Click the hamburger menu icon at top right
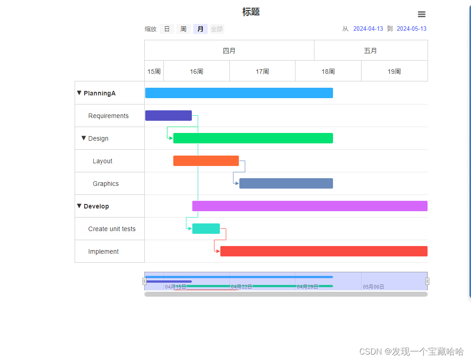(421, 14)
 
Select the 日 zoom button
(167, 29)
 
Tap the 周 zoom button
(183, 29)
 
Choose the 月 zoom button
(200, 29)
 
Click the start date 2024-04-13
(368, 29)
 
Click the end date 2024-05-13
(411, 29)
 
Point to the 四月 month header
(229, 51)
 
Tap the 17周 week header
(262, 71)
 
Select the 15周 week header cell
(154, 71)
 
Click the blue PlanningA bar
(239, 93)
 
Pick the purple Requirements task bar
(168, 116)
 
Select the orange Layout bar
(206, 161)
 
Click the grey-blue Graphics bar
(286, 184)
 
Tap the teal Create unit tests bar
(206, 229)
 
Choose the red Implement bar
(324, 251)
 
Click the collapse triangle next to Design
(84, 138)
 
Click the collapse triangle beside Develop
(79, 206)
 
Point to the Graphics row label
(106, 184)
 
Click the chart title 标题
(251, 12)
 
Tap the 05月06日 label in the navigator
(373, 287)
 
